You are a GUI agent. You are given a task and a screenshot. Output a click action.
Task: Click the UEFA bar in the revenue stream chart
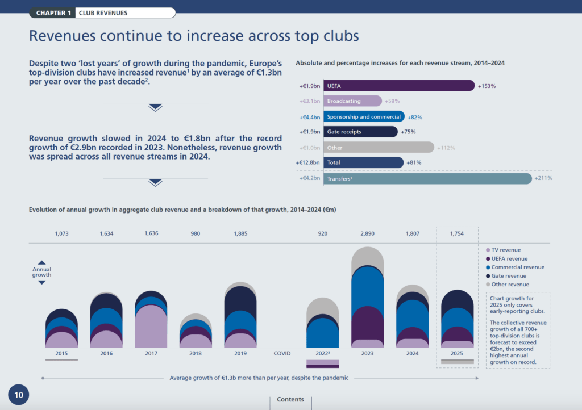[398, 86]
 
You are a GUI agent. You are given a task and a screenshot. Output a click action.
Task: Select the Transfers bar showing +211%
[427, 179]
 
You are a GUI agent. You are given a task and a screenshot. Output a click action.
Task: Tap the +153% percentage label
[487, 86]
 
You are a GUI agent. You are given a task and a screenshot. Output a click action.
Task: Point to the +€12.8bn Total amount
[307, 163]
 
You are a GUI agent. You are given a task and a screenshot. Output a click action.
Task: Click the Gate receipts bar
[360, 132]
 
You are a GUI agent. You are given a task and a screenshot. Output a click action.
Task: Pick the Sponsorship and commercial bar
[364, 117]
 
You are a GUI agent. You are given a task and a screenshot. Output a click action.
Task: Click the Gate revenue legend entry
[506, 276]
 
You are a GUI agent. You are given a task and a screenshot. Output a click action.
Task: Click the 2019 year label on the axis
[240, 353]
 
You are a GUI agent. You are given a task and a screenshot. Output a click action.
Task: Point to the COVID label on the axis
[282, 353]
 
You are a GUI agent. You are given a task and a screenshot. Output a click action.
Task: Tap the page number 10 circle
[18, 395]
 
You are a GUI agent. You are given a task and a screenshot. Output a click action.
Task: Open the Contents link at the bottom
[290, 399]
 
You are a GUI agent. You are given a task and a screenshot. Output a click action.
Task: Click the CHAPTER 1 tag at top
[53, 12]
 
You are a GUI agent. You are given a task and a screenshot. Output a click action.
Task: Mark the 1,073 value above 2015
[61, 233]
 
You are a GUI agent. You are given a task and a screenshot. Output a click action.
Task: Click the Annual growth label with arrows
[41, 272]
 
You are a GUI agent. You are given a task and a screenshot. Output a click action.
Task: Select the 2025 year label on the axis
[457, 353]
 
